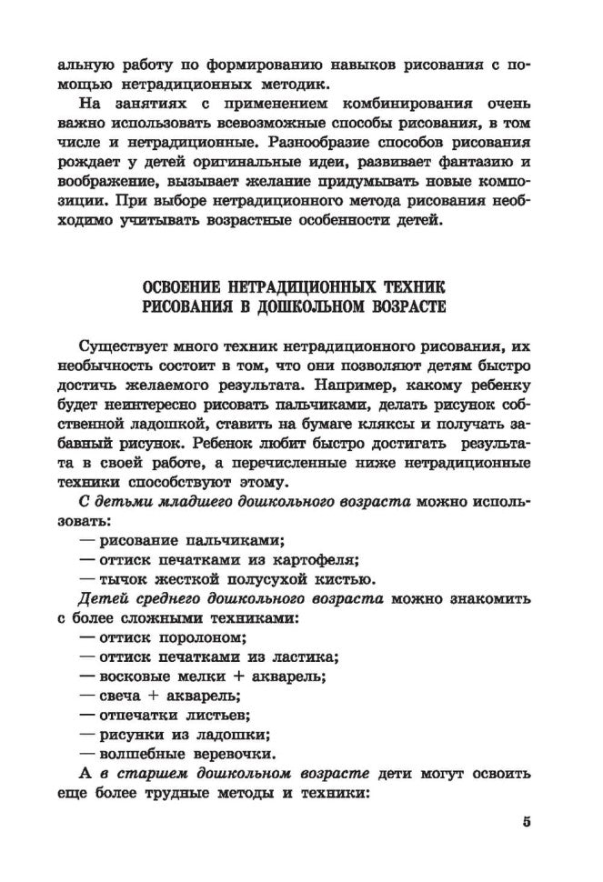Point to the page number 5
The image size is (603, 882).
527,823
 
